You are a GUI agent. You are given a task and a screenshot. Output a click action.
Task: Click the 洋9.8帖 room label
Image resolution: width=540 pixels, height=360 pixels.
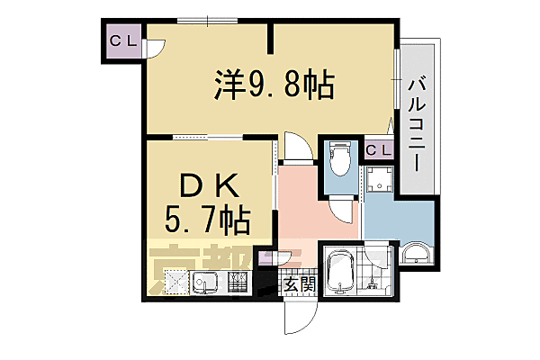[x=274, y=85]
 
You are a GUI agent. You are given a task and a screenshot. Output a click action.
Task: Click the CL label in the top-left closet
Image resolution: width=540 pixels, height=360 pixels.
[x=122, y=41]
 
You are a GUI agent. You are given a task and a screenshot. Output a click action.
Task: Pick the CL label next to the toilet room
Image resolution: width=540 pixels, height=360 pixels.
[x=378, y=150]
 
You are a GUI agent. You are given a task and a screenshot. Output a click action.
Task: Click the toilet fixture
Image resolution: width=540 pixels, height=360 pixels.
[x=340, y=159]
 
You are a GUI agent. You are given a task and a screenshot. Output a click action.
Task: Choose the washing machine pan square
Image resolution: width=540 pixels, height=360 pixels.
[x=378, y=181]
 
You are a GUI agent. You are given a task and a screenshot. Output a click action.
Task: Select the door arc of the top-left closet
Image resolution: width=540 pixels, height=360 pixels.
[x=154, y=50]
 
